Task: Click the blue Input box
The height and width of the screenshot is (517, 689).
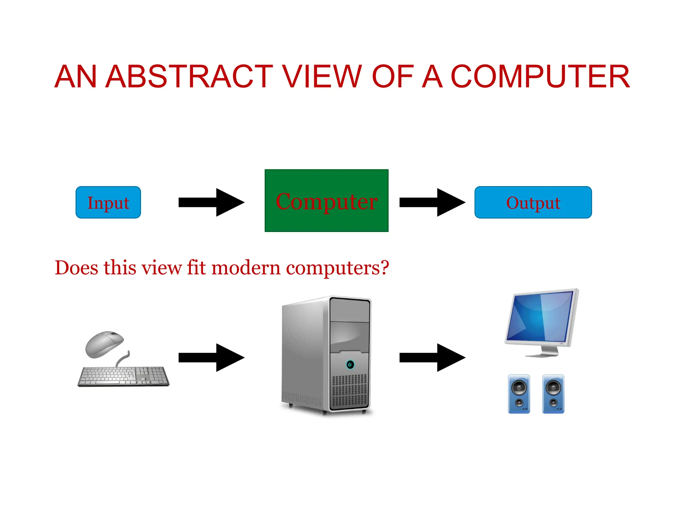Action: click(x=108, y=202)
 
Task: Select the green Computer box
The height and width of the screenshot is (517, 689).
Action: click(x=326, y=201)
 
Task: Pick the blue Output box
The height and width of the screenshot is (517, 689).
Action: click(x=533, y=202)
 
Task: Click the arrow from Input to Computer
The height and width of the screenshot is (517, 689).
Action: click(x=211, y=202)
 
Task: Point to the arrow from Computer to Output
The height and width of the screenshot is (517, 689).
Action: click(x=432, y=202)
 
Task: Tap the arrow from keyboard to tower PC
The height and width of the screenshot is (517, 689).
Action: click(x=211, y=357)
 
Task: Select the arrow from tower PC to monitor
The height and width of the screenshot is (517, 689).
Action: click(x=432, y=357)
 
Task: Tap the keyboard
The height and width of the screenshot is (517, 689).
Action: click(x=123, y=376)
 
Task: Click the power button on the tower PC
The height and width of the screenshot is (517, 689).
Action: click(x=350, y=365)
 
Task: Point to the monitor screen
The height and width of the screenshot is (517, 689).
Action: click(x=541, y=316)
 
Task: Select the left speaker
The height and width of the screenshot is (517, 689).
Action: click(x=519, y=394)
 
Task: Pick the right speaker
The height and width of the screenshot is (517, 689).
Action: click(x=553, y=394)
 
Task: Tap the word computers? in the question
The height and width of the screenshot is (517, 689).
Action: click(x=337, y=268)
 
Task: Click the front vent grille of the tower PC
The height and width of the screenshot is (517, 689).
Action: click(x=350, y=390)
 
